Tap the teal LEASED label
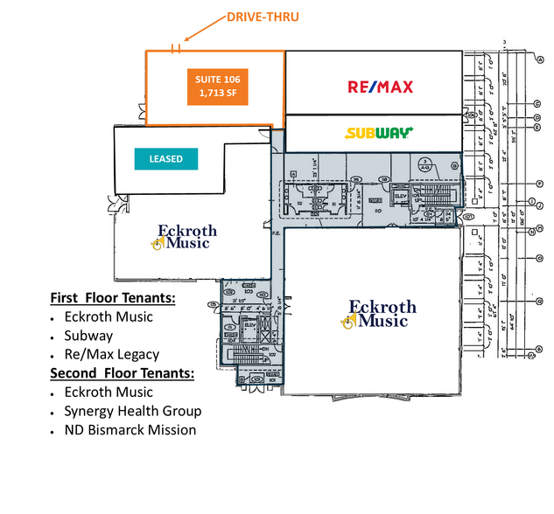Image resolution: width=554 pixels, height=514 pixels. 165,159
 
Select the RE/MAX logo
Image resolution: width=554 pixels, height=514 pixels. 380,87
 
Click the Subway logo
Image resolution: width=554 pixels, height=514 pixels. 379,134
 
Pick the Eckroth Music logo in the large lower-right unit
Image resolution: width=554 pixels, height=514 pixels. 377,314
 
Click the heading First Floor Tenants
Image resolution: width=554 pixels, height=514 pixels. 113,298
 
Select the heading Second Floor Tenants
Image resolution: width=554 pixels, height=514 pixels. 122,373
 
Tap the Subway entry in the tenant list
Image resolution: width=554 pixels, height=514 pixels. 88,336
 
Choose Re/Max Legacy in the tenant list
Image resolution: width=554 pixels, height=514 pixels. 111,354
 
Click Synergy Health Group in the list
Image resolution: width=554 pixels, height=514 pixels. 132,411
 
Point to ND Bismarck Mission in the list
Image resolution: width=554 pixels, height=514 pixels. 130,430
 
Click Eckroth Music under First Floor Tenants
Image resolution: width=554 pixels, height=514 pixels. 108,316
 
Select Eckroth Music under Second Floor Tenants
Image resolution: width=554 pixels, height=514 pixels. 108,392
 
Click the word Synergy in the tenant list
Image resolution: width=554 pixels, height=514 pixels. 89,412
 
